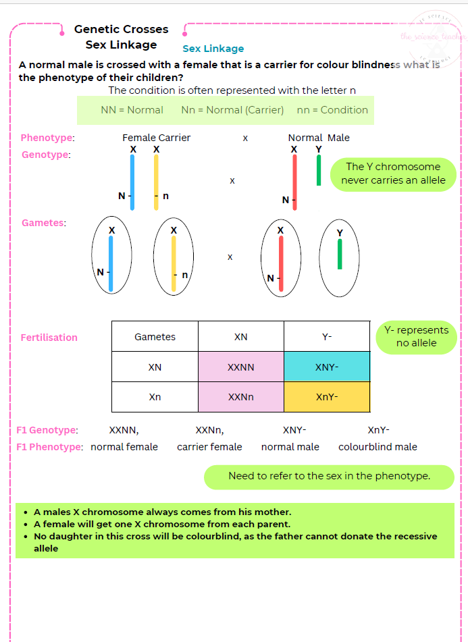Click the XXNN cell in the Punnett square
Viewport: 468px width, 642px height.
(241, 367)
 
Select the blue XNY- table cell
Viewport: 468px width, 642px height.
(327, 367)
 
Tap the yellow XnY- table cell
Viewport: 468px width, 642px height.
(327, 397)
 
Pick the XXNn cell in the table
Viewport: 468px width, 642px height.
(241, 397)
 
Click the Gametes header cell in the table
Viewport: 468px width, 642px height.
(155, 337)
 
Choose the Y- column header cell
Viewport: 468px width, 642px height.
(327, 337)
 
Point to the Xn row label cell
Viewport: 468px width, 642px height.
(155, 397)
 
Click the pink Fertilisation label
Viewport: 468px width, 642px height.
(49, 338)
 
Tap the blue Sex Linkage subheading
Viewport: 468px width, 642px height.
(213, 49)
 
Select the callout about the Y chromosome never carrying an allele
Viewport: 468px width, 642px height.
(393, 173)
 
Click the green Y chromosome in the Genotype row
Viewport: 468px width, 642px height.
(319, 170)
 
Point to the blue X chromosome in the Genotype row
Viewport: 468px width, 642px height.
(132, 182)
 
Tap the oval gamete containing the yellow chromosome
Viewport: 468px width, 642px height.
(174, 257)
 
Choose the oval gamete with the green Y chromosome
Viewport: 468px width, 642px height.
(340, 258)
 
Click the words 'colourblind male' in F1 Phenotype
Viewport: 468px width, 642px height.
(378, 447)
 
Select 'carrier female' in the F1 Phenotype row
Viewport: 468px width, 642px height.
(209, 447)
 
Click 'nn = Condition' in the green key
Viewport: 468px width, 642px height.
(332, 110)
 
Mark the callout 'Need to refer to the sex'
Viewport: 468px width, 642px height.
(329, 476)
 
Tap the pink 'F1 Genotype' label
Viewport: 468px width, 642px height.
(47, 430)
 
